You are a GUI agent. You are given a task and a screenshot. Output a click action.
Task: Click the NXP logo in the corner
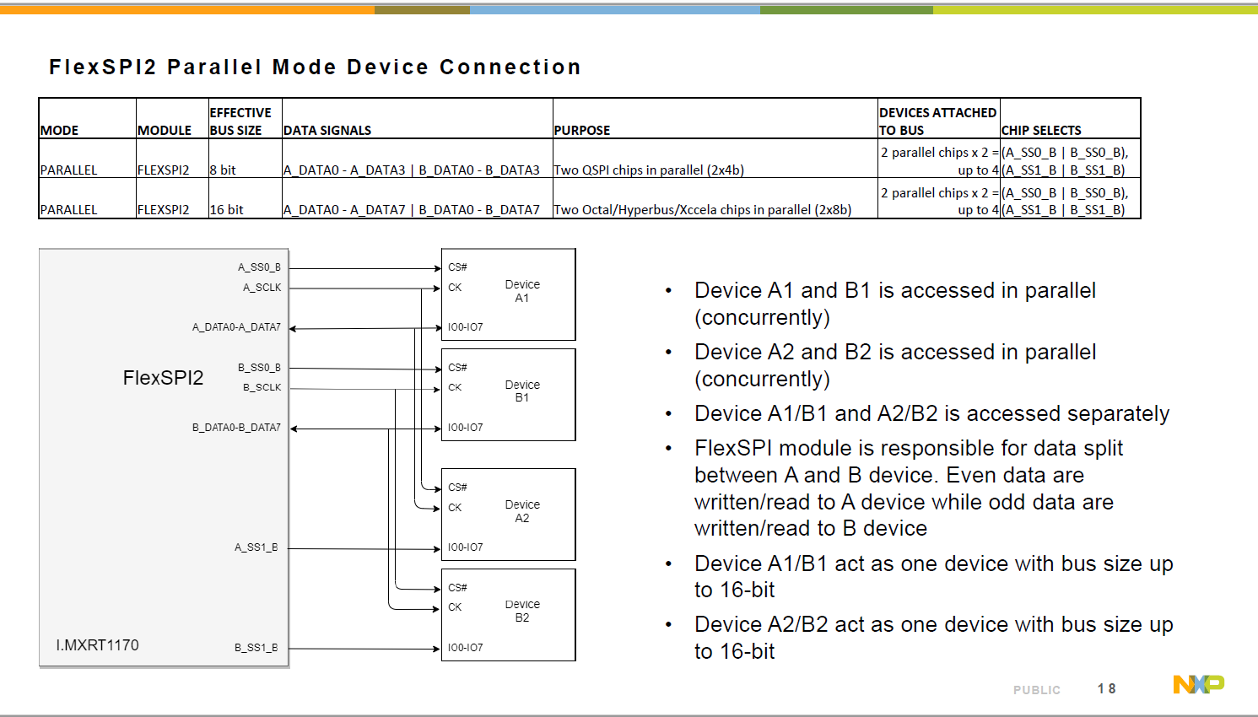click(x=1198, y=684)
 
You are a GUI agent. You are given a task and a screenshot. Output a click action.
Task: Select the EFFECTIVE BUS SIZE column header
click(x=240, y=121)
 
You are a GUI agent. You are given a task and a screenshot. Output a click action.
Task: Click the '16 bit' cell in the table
click(x=227, y=210)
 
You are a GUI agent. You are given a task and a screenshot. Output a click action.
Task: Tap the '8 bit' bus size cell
click(x=224, y=170)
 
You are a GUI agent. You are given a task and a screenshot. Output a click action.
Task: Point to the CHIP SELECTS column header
click(x=1041, y=131)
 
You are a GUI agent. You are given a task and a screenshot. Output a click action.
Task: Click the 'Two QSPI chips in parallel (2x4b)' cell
click(x=649, y=170)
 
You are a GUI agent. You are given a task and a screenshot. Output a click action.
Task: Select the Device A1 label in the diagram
click(x=522, y=291)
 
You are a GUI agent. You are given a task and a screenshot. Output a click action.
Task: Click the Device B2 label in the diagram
click(x=522, y=611)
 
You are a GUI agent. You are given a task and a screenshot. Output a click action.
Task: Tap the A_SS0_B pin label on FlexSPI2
click(x=259, y=267)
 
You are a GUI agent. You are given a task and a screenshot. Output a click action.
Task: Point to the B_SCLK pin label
click(x=262, y=388)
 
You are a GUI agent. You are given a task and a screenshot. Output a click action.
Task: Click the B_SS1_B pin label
click(x=256, y=648)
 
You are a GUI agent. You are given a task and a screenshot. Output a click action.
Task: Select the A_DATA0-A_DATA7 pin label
click(x=236, y=327)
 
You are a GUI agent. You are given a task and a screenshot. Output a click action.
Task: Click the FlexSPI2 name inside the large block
click(x=163, y=378)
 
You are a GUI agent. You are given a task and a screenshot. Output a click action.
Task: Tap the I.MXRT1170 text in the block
click(x=97, y=645)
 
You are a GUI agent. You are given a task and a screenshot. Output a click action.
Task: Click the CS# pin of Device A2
click(x=457, y=488)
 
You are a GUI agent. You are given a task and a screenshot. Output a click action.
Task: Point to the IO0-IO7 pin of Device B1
click(x=465, y=428)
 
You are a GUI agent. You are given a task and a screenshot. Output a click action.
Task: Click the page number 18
click(x=1106, y=689)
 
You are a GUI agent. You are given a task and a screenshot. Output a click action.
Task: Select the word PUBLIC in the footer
click(x=1036, y=690)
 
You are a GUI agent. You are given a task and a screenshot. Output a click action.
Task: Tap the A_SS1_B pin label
click(x=256, y=547)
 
